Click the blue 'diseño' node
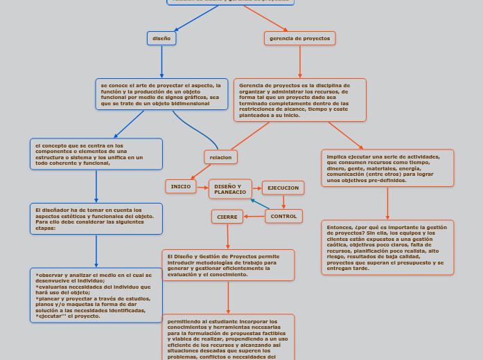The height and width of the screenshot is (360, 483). [161, 39]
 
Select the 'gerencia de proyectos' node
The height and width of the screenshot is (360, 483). [299, 38]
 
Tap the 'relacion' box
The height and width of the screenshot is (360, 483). [220, 157]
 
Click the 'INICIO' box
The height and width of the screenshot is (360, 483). [181, 186]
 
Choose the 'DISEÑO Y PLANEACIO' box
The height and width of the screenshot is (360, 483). [230, 189]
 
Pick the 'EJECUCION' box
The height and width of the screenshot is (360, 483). [283, 188]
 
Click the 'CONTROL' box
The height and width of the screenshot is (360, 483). [283, 216]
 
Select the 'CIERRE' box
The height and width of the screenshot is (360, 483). [227, 217]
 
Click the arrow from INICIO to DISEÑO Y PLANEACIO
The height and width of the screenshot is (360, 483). [202, 187]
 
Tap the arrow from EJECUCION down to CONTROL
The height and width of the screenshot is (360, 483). [283, 201]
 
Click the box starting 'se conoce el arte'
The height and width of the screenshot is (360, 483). [161, 94]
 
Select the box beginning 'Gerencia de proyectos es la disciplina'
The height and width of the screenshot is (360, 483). [299, 100]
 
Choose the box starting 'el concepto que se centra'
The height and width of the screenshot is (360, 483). [96, 154]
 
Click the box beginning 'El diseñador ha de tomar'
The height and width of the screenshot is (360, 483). [96, 219]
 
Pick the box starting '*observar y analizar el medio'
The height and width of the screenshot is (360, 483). [96, 295]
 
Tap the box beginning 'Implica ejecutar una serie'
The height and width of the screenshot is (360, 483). [387, 168]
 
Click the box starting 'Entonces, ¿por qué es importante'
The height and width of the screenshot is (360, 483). [387, 247]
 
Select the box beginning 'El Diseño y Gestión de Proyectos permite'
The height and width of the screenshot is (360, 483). [227, 265]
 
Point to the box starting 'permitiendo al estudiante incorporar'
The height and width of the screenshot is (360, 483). [227, 337]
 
